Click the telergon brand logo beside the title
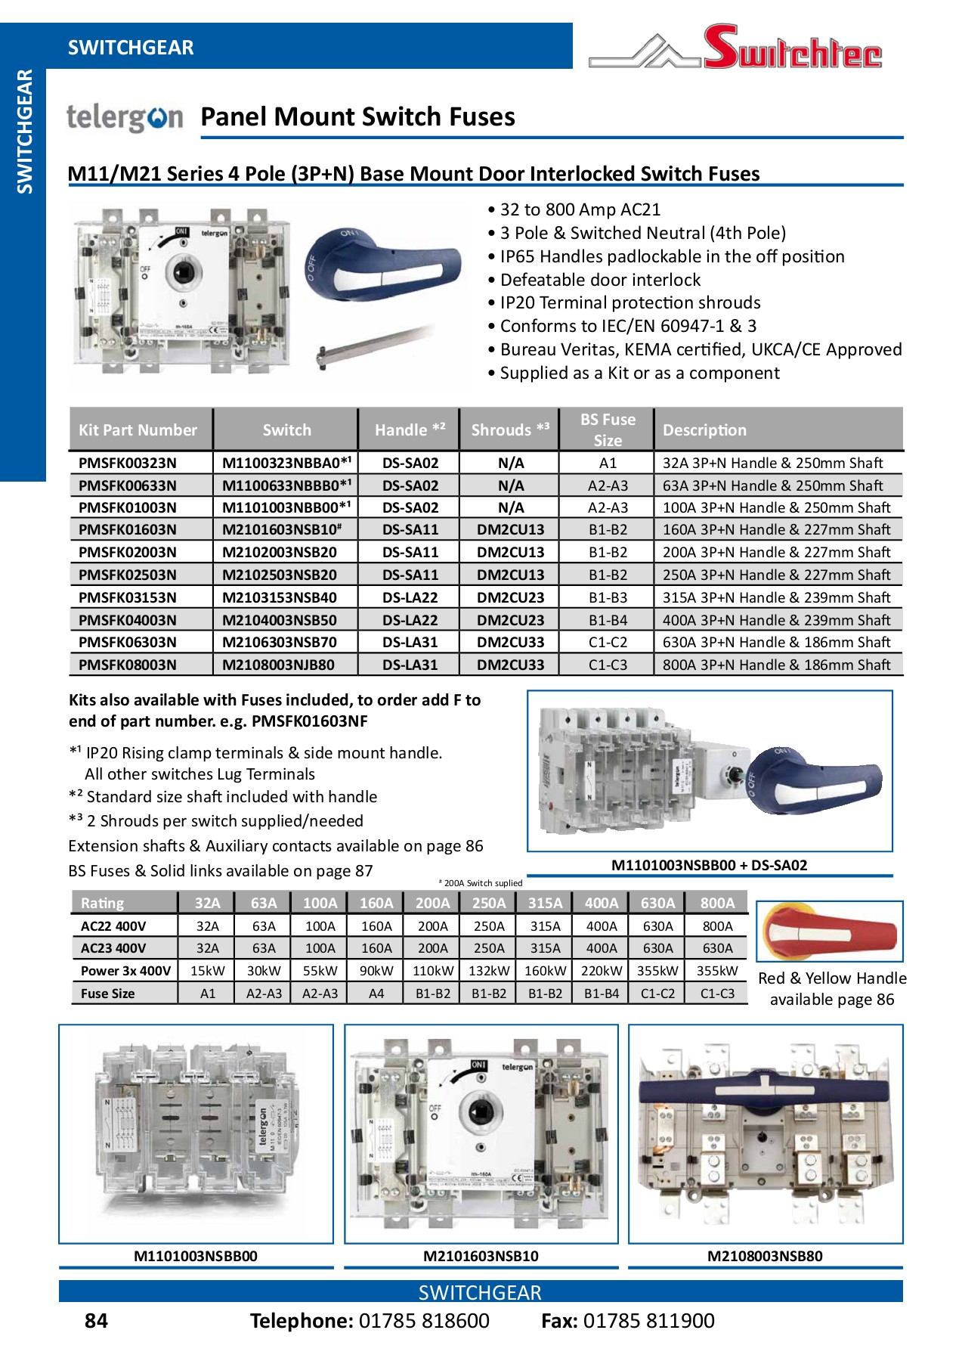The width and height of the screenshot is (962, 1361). pyautogui.click(x=125, y=117)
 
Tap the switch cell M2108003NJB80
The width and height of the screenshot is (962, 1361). pyautogui.click(x=278, y=665)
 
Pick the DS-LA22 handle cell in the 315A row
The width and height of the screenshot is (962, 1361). pyautogui.click(x=410, y=597)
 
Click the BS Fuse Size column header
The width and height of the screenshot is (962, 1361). pyautogui.click(x=608, y=429)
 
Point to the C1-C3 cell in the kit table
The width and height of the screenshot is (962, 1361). pyautogui.click(x=608, y=665)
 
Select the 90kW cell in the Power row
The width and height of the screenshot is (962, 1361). pyautogui.click(x=376, y=971)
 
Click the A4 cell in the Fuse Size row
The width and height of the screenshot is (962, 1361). pyautogui.click(x=376, y=994)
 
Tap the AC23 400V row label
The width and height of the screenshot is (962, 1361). pyautogui.click(x=113, y=948)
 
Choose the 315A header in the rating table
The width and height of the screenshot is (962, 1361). pyautogui.click(x=545, y=903)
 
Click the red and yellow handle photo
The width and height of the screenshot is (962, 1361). pyautogui.click(x=829, y=932)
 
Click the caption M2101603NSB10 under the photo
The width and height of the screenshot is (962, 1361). pyautogui.click(x=481, y=1256)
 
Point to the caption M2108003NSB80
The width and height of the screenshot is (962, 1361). pyautogui.click(x=765, y=1256)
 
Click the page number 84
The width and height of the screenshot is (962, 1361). pyautogui.click(x=96, y=1321)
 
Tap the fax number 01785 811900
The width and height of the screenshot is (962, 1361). pyautogui.click(x=648, y=1321)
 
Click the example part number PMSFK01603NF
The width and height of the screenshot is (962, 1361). pyautogui.click(x=309, y=721)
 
